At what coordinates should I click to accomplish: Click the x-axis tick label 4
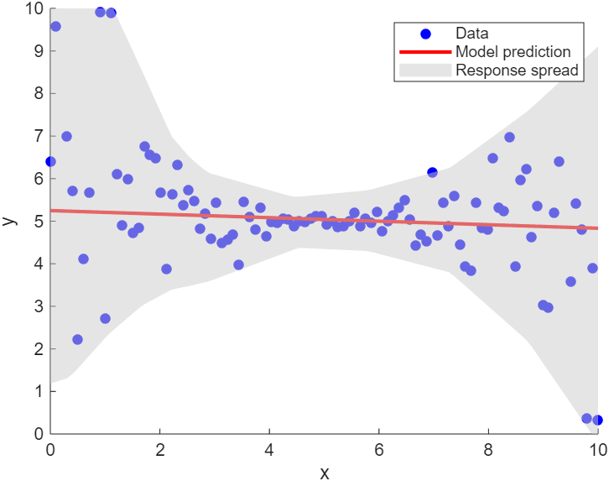[269, 449]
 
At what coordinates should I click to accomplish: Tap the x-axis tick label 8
[488, 449]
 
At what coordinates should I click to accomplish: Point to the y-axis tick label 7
[37, 136]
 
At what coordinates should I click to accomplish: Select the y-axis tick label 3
[37, 306]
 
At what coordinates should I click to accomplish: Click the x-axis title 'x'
[324, 472]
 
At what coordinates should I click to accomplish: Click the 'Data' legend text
[471, 34]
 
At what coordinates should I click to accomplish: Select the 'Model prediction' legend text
[513, 52]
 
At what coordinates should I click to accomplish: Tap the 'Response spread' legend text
[517, 71]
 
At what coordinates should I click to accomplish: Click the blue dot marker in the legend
[425, 34]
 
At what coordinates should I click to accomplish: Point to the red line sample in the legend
[425, 52]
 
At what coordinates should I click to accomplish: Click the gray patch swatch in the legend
[425, 71]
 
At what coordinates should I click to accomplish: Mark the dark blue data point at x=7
[432, 172]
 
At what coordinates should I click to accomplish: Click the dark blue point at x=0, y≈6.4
[50, 161]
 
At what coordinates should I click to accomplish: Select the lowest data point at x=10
[597, 420]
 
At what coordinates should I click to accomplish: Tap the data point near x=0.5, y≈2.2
[77, 339]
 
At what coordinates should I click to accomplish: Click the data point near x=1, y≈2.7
[105, 318]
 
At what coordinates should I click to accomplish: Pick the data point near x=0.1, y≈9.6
[55, 26]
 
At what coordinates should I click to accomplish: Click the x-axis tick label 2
[160, 449]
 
